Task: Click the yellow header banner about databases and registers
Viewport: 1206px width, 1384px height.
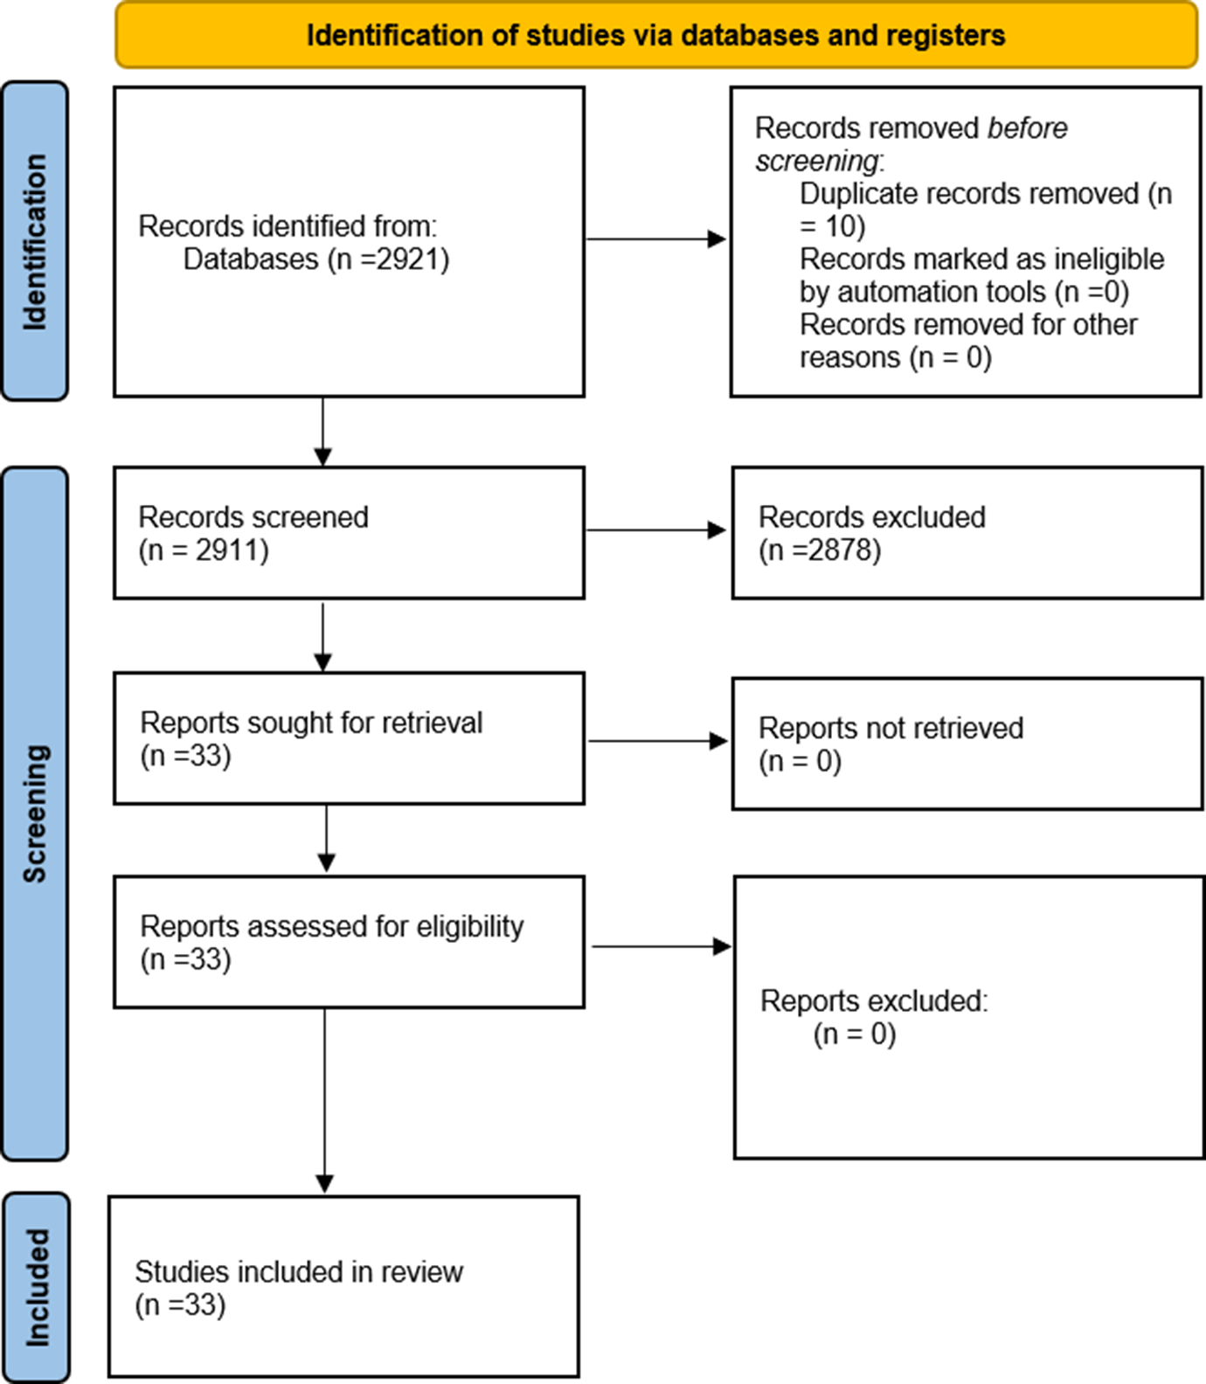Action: [x=655, y=35]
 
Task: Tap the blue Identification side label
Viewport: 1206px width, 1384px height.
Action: [x=35, y=242]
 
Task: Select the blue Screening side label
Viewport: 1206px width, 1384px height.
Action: [x=35, y=813]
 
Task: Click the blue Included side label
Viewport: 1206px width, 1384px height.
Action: [x=36, y=1288]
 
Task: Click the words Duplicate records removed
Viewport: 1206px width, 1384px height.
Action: [x=969, y=193]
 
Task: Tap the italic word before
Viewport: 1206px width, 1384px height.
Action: [x=1027, y=128]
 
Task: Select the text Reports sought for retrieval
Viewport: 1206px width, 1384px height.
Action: [x=311, y=723]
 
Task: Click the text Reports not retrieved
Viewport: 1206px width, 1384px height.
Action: [x=891, y=728]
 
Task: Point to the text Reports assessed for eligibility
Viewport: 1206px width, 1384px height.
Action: [x=331, y=926]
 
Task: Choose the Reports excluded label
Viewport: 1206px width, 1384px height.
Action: [x=873, y=1000]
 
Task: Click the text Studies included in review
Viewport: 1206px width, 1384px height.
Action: [x=298, y=1272]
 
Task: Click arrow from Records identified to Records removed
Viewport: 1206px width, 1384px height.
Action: [x=655, y=239]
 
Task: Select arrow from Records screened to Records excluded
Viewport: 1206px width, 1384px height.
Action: [x=655, y=529]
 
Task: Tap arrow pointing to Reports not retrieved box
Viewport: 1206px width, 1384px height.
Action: [x=657, y=741]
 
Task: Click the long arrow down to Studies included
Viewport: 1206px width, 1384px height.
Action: [x=324, y=1101]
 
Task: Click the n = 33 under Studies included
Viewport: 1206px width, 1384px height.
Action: [x=180, y=1305]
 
